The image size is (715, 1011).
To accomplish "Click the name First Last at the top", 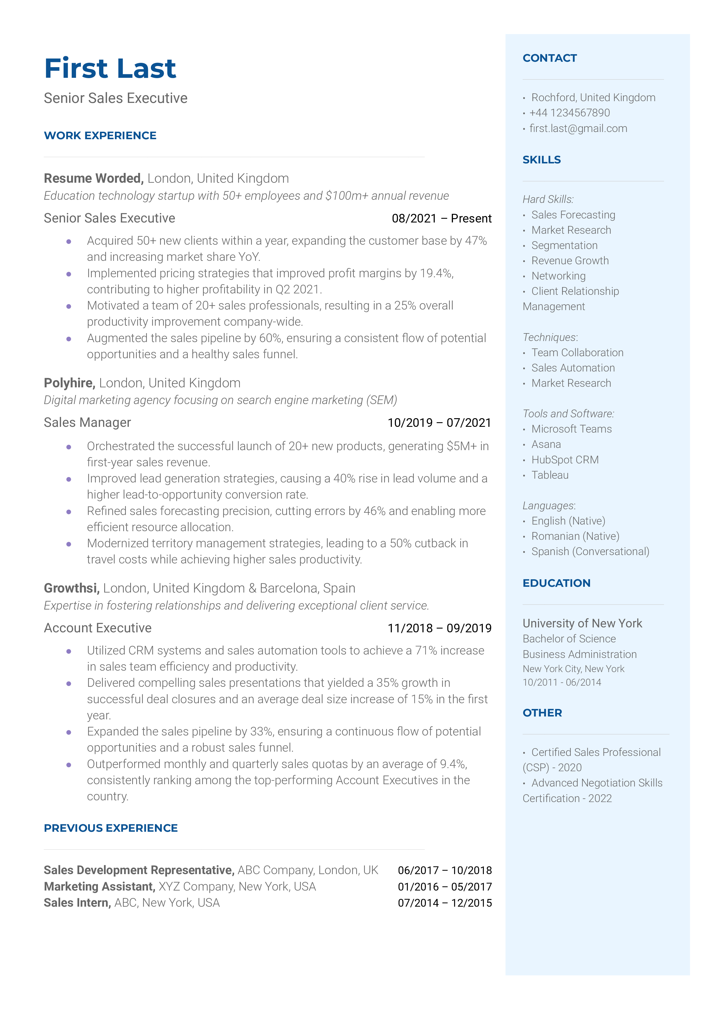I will coord(110,69).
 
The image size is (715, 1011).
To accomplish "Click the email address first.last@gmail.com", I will coord(578,129).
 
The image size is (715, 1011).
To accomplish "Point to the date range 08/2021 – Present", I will coord(441,218).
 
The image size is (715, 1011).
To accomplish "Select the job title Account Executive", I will coord(97,628).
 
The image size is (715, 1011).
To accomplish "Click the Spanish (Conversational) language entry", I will coord(590,552).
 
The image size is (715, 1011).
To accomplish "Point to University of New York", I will coord(582,623).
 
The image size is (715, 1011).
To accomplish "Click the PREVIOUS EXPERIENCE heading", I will coord(111,828).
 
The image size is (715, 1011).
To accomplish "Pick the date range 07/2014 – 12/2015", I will coord(445,903).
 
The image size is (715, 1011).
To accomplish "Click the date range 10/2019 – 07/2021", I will coord(439,423).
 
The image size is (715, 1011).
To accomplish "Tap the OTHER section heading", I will coord(542,713).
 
